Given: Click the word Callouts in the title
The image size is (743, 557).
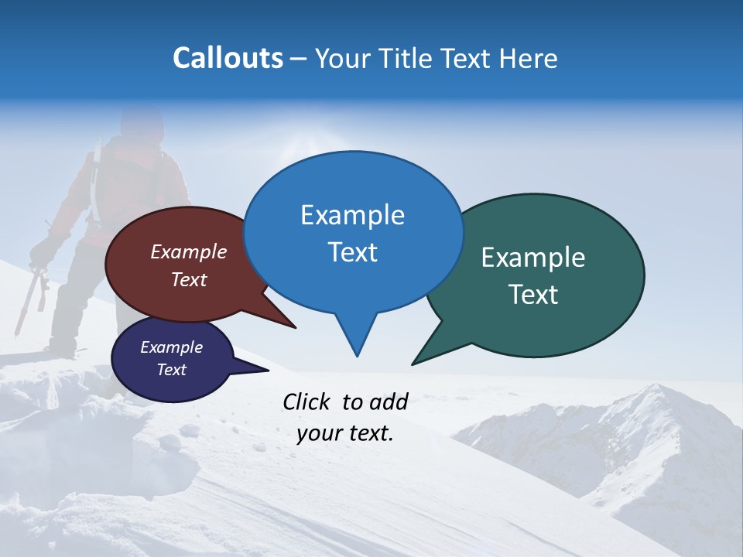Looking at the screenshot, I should pyautogui.click(x=228, y=58).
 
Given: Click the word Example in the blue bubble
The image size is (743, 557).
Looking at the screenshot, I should pyautogui.click(x=352, y=215).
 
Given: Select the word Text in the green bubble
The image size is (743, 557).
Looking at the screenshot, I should pyautogui.click(x=533, y=295).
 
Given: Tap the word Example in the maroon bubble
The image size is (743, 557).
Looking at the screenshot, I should pyautogui.click(x=188, y=251).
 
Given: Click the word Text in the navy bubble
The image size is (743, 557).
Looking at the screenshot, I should pyautogui.click(x=171, y=370).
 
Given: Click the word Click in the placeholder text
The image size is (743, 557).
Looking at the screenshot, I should pyautogui.click(x=307, y=402).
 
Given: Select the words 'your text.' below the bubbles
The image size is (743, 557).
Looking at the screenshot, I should pyautogui.click(x=344, y=433).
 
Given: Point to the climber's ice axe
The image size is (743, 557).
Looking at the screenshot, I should pyautogui.click(x=35, y=294).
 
